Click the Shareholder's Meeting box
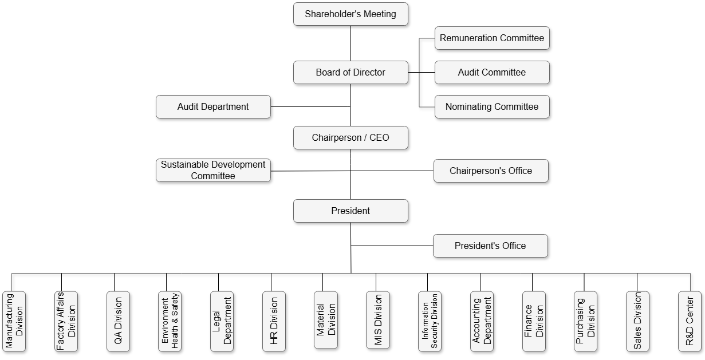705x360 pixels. pos(350,14)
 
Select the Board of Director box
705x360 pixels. pos(350,73)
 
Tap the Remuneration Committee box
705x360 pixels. pos(492,38)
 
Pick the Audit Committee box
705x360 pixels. pos(492,73)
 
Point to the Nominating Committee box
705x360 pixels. pos(492,107)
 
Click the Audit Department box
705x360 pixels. pos(213,107)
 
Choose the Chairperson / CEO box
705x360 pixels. pos(350,138)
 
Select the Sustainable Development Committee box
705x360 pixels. pos(213,171)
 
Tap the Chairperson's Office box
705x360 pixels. pos(491,171)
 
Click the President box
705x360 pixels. pos(350,211)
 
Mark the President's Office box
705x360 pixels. pos(490,246)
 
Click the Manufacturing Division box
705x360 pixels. pos(14,321)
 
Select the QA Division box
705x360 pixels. pos(118,321)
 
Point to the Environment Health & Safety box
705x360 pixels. pos(170,321)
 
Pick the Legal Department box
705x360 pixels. pos(222,321)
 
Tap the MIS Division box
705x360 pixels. pos(378,320)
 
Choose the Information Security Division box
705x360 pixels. pos(430,321)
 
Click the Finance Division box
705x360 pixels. pos(534,321)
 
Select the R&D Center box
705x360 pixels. pos(690,321)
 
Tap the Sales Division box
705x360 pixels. pos(637,321)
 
